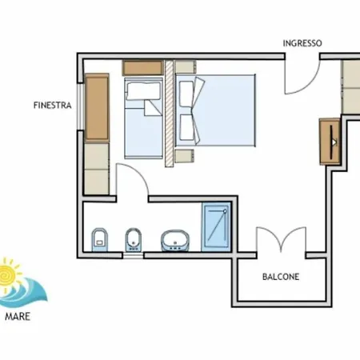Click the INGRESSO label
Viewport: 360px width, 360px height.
click(x=302, y=43)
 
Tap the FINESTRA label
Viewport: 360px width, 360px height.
click(x=53, y=106)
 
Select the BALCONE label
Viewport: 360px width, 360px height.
click(x=281, y=277)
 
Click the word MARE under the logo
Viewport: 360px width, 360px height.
click(x=18, y=317)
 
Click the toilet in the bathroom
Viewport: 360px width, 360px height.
click(x=100, y=239)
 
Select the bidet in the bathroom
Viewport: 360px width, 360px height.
click(x=134, y=239)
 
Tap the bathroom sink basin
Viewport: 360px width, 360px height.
click(x=175, y=241)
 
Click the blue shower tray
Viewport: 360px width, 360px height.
click(x=216, y=227)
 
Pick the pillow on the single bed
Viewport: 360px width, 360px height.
click(x=144, y=90)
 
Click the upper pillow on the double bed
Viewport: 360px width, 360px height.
click(x=186, y=94)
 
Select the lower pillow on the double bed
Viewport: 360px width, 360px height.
click(x=186, y=127)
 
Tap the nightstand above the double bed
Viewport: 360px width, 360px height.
click(x=186, y=66)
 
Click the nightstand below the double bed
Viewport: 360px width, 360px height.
click(x=184, y=156)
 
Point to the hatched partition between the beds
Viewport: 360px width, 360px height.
click(x=169, y=114)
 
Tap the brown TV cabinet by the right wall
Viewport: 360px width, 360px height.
click(x=330, y=142)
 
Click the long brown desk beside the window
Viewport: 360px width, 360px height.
click(x=97, y=107)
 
